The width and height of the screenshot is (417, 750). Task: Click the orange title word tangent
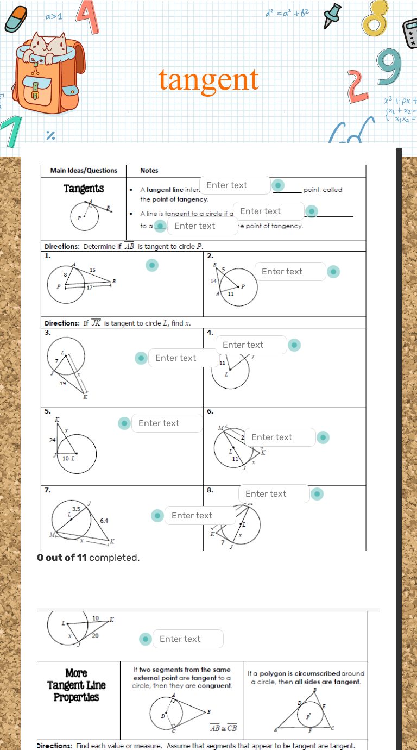208,79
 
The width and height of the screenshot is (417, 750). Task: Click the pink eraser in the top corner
16,20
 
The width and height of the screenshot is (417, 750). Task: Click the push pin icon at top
333,15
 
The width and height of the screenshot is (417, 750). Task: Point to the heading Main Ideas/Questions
84,171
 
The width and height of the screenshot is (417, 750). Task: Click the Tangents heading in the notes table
84,189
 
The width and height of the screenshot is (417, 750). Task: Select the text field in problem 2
290,272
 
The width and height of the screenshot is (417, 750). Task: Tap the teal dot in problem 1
153,265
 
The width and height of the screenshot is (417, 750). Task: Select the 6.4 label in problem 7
104,521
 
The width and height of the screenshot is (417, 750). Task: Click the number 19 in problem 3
63,383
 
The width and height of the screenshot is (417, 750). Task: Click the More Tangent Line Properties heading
77,685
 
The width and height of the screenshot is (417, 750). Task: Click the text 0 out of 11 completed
88,558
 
